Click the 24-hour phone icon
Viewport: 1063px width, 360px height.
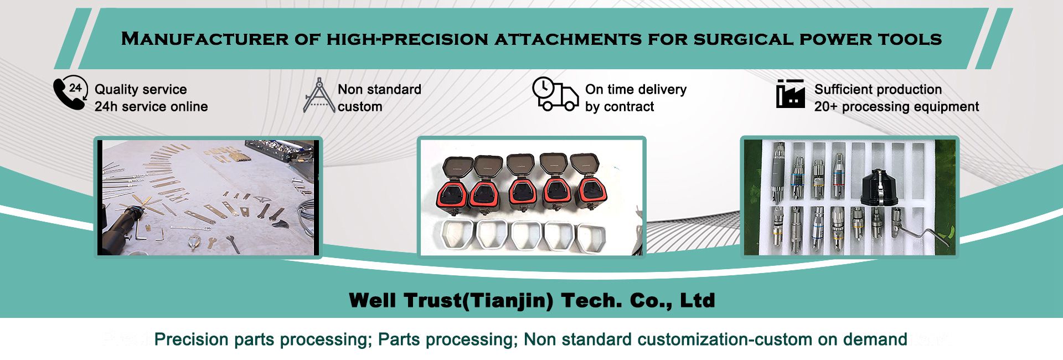pos(70,92)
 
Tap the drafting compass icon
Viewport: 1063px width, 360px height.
pos(319,96)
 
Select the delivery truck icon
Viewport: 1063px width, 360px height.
pos(555,94)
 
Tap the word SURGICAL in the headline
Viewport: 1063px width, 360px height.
pos(743,39)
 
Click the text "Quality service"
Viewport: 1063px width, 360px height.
pos(141,89)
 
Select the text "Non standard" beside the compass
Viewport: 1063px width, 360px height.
pos(379,89)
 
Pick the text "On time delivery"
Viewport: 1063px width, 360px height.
pos(636,89)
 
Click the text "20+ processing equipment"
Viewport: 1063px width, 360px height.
pos(896,106)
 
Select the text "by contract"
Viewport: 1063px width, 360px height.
pos(620,106)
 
